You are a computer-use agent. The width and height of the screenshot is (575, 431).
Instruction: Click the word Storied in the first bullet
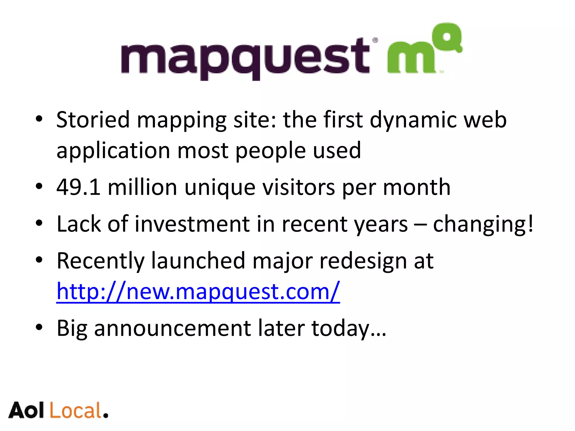click(93, 120)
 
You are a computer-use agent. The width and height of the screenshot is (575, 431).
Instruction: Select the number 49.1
click(78, 187)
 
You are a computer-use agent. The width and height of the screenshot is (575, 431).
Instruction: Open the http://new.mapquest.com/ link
click(198, 292)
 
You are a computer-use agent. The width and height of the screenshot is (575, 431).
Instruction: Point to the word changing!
click(483, 224)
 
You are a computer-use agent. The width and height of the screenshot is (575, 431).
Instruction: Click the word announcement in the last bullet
click(173, 328)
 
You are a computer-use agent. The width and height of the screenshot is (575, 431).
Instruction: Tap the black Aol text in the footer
click(26, 411)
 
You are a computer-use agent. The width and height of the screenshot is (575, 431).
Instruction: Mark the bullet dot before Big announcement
click(39, 327)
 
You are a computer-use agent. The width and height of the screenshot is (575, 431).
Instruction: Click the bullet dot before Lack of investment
click(39, 223)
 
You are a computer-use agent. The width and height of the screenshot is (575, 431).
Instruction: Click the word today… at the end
click(349, 329)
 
